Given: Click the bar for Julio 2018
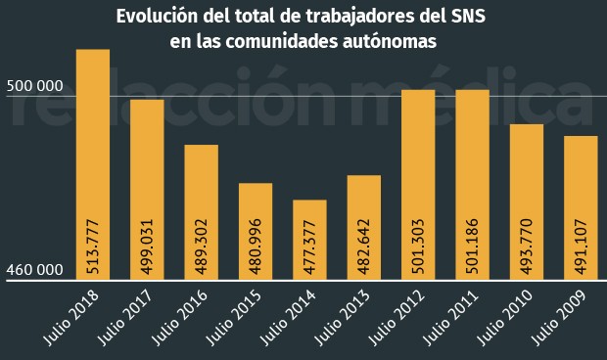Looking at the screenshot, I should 92,164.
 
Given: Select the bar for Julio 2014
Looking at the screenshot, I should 309,240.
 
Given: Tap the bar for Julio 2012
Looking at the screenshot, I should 418,184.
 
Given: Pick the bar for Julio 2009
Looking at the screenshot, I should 581,207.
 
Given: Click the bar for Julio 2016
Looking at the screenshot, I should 201,211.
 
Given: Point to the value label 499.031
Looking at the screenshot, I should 148,248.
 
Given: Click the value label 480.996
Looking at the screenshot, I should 256,248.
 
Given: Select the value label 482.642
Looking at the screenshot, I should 364,248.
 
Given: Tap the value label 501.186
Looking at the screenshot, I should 473,248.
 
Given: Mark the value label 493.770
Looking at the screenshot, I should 527,248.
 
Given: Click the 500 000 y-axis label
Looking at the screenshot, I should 34,86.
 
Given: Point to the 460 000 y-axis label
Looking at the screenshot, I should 34,270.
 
